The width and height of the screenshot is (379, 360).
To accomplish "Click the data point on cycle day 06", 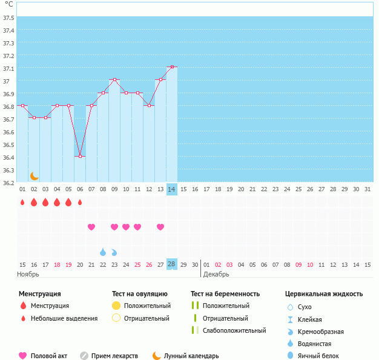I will click(80, 156).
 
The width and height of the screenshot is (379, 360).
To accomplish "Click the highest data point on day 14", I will click(172, 67).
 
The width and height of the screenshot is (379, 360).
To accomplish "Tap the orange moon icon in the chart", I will click(35, 175).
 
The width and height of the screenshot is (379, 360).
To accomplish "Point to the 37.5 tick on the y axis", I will click(9, 18).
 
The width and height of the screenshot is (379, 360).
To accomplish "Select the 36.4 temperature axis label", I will click(9, 158).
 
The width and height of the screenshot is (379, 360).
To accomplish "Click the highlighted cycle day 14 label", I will click(172, 189).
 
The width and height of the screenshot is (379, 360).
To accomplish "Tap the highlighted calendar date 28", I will click(172, 264).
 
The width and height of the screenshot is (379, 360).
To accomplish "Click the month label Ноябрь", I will click(28, 274).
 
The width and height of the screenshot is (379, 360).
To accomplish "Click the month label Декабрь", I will click(216, 274).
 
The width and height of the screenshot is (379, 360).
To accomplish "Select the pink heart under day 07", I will click(91, 227).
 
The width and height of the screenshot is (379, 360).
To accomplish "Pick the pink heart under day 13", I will click(160, 227).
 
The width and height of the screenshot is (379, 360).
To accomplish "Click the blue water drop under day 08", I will click(103, 252).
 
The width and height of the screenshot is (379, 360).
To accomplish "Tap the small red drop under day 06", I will click(80, 202).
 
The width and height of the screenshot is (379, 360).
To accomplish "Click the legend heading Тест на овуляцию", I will click(140, 294).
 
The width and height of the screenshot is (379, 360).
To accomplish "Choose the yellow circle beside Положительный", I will click(116, 306).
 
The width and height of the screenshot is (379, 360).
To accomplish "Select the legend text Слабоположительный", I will click(234, 330).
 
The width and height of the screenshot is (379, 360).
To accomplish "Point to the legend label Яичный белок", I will click(318, 356).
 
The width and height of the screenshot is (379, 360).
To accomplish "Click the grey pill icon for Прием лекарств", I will click(84, 356).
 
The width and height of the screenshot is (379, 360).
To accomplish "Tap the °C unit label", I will click(8, 4).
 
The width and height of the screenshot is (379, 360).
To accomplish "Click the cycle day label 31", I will click(367, 189).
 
